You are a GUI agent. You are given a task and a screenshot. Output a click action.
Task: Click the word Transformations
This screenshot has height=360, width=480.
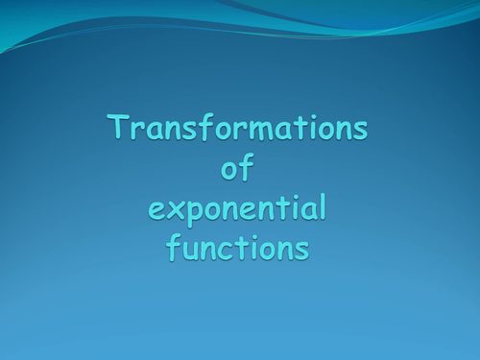point(238,129)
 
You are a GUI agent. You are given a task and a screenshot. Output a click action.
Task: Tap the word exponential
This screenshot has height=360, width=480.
point(239,208)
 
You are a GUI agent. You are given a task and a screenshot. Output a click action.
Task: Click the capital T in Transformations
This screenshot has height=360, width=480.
point(119,129)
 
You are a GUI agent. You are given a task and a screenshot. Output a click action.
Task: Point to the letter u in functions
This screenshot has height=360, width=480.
point(192,250)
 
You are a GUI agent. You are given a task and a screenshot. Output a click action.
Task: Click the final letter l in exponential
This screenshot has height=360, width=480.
point(323,206)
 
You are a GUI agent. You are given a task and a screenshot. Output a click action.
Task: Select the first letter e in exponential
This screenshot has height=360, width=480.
point(156,210)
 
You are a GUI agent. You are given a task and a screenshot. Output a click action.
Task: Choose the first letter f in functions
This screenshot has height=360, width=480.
point(174,247)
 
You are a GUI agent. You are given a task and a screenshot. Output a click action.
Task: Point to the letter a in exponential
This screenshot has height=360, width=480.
point(306,210)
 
